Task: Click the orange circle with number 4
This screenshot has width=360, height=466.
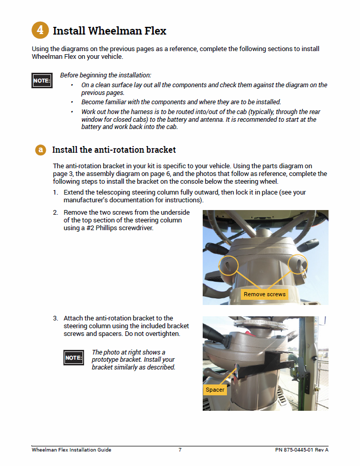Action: point(40,30)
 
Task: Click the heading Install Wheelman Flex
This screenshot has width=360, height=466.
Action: point(109,31)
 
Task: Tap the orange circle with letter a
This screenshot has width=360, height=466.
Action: point(41,150)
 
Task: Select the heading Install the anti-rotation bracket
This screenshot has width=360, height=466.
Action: point(113,150)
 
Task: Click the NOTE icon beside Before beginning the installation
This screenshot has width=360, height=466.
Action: point(42,81)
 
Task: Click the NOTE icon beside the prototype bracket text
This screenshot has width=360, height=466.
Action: point(74,358)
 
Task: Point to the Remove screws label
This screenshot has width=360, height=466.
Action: point(265,294)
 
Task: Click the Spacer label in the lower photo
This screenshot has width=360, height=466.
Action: point(215,390)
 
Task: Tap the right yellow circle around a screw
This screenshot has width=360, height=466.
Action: point(298,264)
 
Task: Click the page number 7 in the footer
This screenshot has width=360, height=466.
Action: point(180,450)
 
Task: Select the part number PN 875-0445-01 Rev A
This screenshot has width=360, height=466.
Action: point(302,450)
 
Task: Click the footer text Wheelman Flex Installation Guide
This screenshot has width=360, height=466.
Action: point(71,450)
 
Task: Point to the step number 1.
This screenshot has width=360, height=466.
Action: point(55,192)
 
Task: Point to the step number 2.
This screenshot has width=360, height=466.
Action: point(55,213)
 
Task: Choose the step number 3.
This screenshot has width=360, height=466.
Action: point(55,318)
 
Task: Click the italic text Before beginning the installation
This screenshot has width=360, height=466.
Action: point(106,75)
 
